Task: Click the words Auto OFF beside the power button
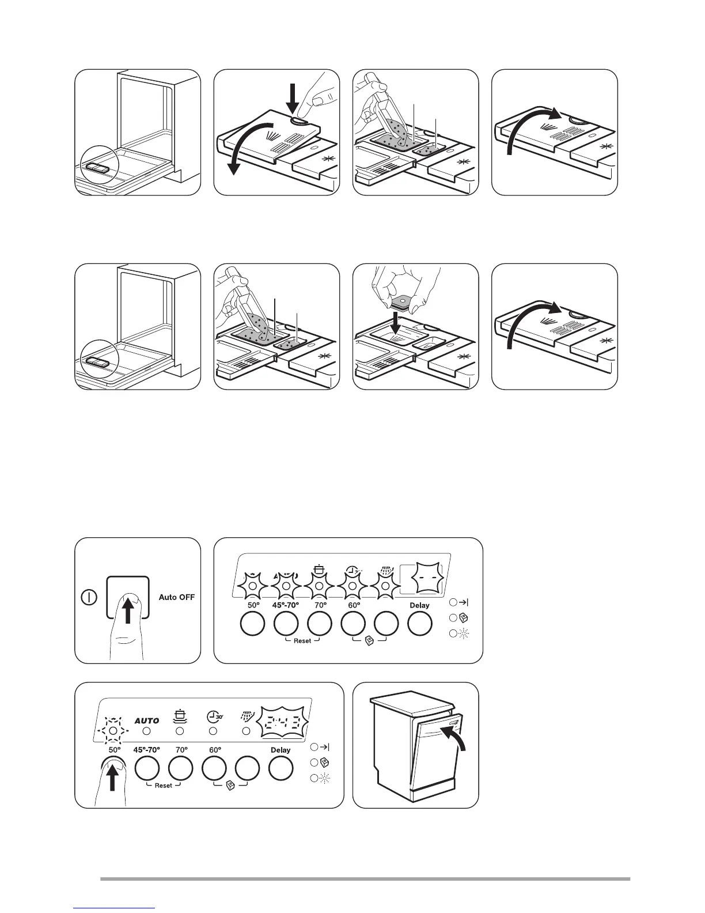pos(176,597)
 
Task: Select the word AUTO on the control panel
pos(146,720)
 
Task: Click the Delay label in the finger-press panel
pos(281,750)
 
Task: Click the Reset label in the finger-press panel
pos(163,786)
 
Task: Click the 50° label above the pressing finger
pos(114,750)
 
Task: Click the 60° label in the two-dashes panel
pos(354,605)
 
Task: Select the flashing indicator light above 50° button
pos(113,730)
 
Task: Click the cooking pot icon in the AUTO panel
pos(180,716)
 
